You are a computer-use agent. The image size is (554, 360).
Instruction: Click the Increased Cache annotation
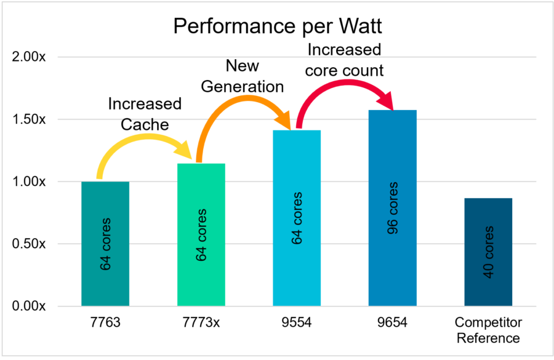coord(145,114)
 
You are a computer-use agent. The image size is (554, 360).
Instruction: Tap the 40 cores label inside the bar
coord(488,252)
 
